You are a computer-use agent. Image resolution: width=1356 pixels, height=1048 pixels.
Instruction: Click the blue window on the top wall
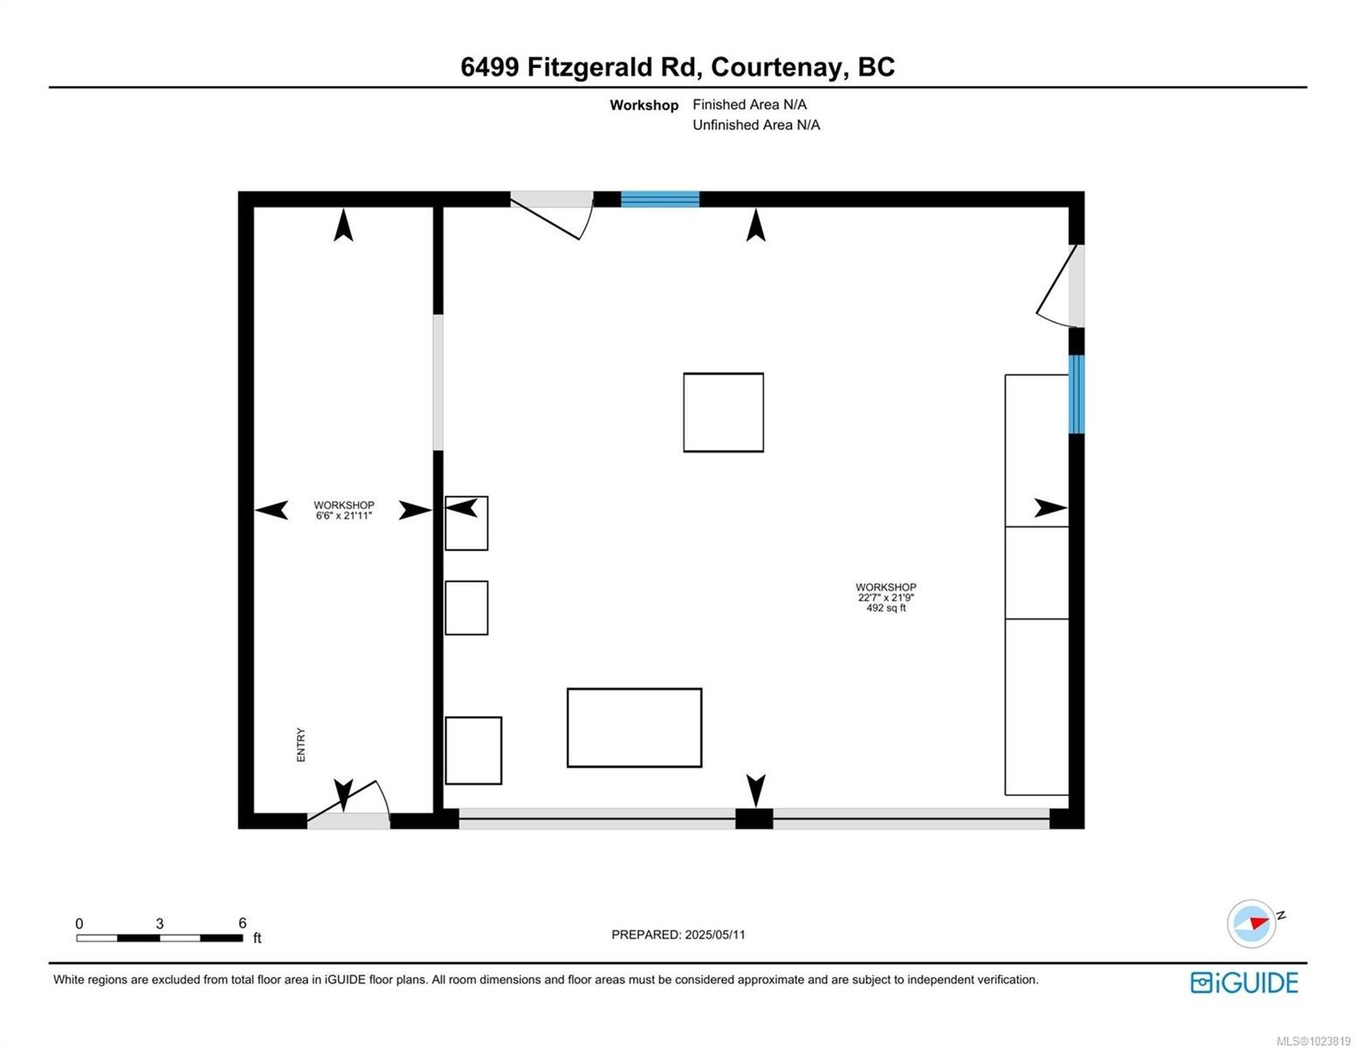click(x=660, y=199)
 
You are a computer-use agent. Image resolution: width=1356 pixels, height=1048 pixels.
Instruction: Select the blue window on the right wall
click(x=1077, y=394)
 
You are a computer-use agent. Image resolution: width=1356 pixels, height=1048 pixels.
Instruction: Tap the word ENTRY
click(x=301, y=745)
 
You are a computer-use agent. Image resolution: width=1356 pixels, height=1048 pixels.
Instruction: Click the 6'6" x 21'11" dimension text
click(x=344, y=516)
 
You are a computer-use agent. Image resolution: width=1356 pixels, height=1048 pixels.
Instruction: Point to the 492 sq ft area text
click(x=885, y=608)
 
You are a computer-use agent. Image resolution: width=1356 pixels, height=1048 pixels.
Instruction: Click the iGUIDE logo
click(x=1244, y=982)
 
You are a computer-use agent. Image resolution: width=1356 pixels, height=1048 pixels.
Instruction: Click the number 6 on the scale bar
click(x=243, y=923)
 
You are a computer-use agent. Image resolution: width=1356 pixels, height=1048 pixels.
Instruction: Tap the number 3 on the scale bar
click(x=160, y=923)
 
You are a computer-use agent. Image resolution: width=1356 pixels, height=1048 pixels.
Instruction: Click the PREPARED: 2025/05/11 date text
click(x=678, y=934)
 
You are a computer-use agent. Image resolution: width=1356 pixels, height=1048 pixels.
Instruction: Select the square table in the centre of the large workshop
click(x=723, y=412)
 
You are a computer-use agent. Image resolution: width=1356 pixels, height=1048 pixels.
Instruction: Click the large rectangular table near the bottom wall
click(x=634, y=727)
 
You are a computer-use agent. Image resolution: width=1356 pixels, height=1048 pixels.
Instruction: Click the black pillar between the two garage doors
click(x=754, y=819)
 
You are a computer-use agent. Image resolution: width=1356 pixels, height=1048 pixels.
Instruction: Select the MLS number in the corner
click(x=1313, y=1040)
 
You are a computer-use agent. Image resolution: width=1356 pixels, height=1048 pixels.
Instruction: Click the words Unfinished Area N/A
click(x=756, y=125)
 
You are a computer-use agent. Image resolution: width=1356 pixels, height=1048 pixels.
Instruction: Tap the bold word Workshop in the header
click(x=644, y=105)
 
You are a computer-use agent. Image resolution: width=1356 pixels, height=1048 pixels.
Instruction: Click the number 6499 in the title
click(x=490, y=67)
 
